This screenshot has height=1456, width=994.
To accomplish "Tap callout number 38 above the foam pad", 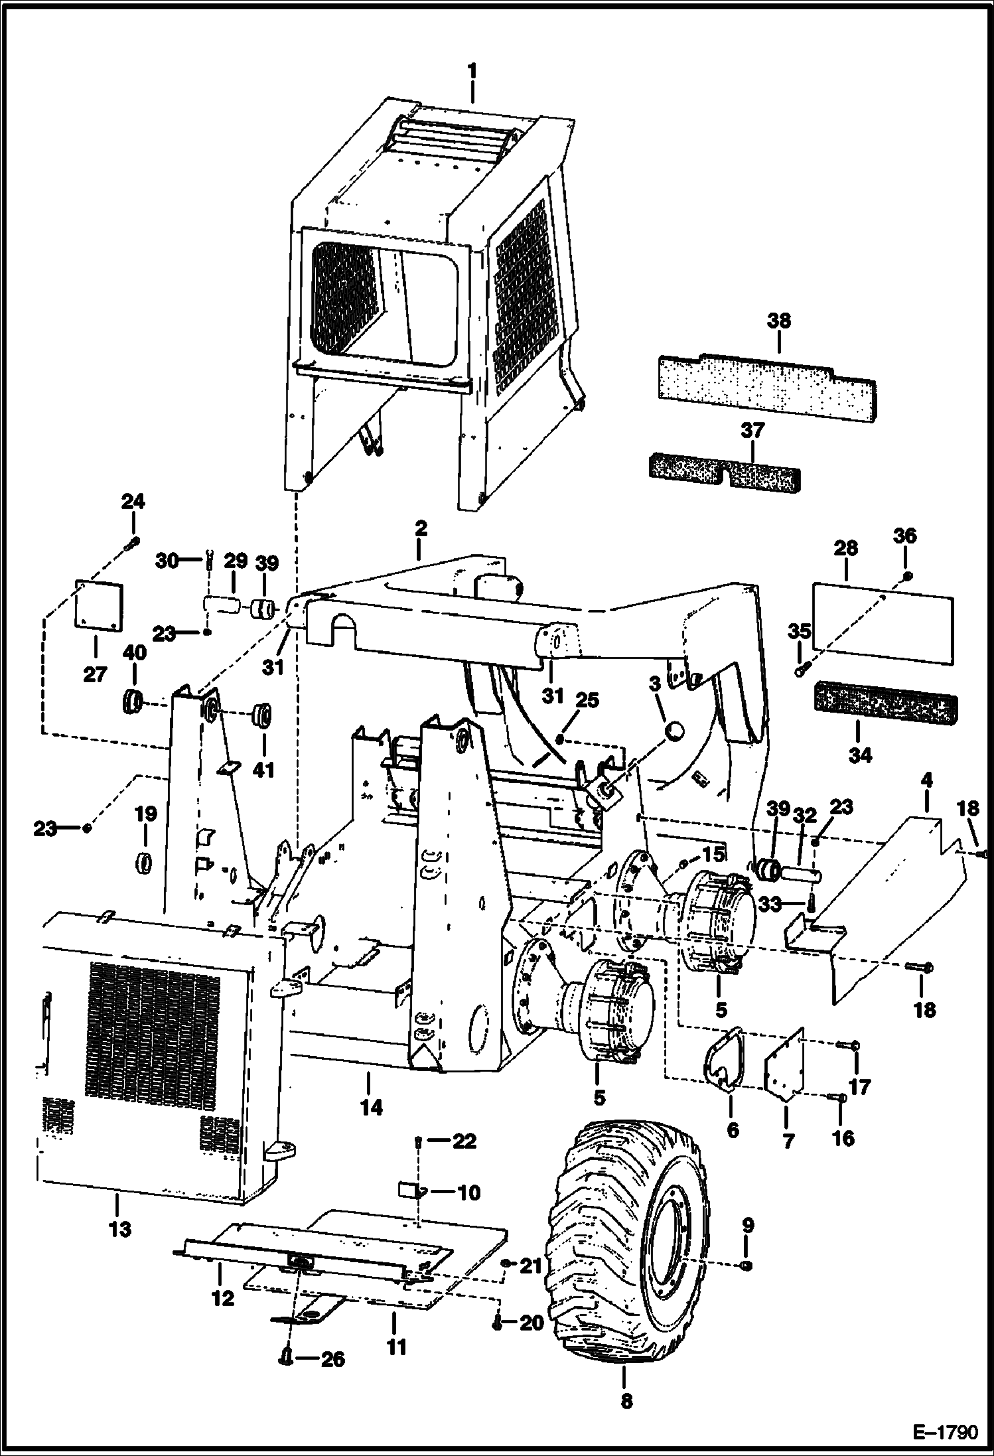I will point(779,321).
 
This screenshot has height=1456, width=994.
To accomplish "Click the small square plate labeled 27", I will point(99,607).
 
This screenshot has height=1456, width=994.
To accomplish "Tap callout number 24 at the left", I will point(133,502).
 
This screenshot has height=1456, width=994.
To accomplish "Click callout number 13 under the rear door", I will point(121,1228).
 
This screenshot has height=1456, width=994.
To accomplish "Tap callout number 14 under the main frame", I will point(372,1107).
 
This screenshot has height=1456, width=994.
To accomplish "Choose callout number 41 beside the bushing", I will point(264,770).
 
